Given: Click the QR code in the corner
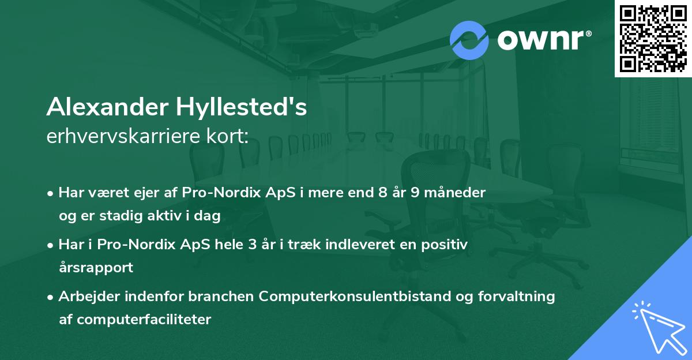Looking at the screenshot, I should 653,39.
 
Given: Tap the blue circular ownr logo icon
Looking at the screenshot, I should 469,40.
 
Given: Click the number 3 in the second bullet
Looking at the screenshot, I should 251,244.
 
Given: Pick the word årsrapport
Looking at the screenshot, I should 96,267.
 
